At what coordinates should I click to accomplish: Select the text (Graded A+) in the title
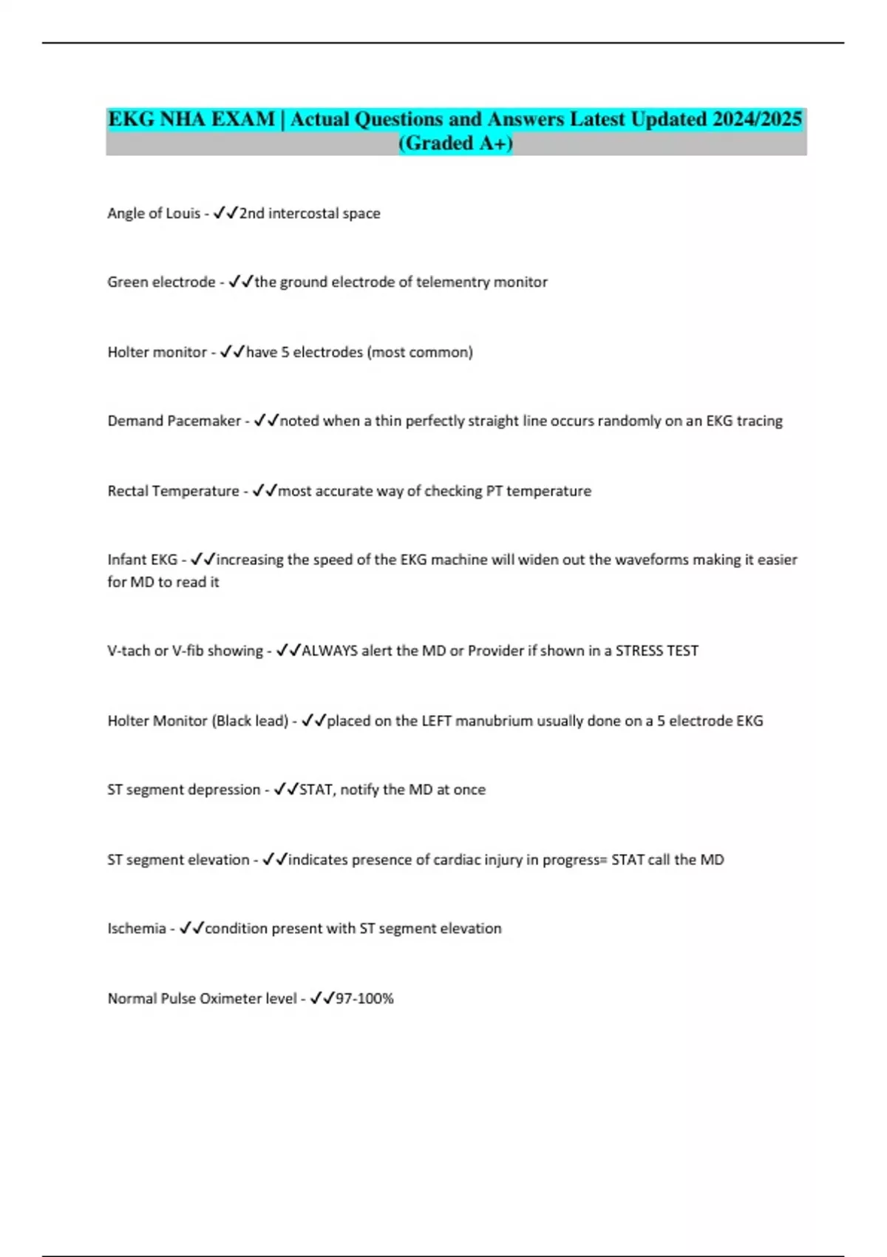(455, 143)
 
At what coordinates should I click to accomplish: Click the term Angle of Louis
(154, 214)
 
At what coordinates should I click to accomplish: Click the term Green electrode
(161, 282)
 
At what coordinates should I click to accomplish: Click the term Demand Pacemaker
(174, 421)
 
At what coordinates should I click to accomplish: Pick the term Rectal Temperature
(173, 491)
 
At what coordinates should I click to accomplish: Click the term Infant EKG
(143, 560)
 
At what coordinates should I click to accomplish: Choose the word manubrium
(494, 721)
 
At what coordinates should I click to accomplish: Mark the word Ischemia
(137, 929)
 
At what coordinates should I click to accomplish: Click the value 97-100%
(364, 999)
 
